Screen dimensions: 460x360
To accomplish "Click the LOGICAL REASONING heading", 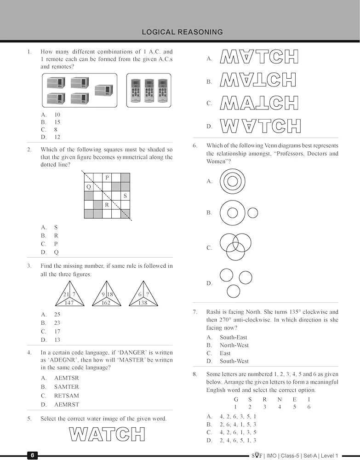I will pyautogui.click(x=182, y=32).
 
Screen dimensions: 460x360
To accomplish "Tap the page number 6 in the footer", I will pyautogui.click(x=33, y=455).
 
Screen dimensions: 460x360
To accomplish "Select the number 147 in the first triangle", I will pyautogui.click(x=69, y=303).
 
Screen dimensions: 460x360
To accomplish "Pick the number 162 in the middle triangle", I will pyautogui.click(x=106, y=303).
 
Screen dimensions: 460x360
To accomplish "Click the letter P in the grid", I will pyautogui.click(x=107, y=178).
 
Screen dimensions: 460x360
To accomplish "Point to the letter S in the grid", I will pyautogui.click(x=125, y=195).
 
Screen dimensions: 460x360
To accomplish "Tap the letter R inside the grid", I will pyautogui.click(x=107, y=205).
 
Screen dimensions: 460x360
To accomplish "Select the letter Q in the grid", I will pyautogui.click(x=89, y=187).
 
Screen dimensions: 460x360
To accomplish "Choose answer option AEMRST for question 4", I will pyautogui.click(x=66, y=404).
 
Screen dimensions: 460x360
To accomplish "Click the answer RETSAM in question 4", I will pyautogui.click(x=66, y=396).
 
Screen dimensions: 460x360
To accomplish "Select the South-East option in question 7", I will pyautogui.click(x=233, y=337).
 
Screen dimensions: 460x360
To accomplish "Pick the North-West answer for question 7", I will pyautogui.click(x=234, y=345).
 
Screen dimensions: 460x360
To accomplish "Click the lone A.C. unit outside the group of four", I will pyautogui.click(x=104, y=90).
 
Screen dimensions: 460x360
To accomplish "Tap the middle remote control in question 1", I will pyautogui.click(x=149, y=90).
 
